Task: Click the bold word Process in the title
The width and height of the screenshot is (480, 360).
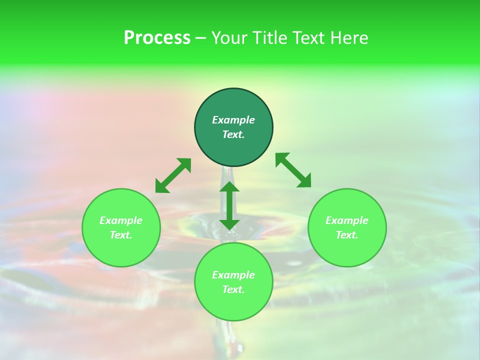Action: click(157, 38)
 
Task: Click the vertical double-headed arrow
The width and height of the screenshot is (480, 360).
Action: click(229, 205)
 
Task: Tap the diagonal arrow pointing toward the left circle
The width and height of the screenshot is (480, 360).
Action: click(173, 175)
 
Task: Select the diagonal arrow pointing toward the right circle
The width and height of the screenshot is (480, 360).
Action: click(293, 170)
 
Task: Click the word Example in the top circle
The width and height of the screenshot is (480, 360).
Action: click(233, 120)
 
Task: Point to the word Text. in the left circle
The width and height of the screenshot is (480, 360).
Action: click(121, 235)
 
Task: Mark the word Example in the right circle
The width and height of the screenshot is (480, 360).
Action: click(347, 220)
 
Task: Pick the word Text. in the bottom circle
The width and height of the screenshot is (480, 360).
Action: click(233, 289)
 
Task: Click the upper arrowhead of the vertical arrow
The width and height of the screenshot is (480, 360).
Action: click(229, 187)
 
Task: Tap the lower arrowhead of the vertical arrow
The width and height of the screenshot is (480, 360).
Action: click(229, 223)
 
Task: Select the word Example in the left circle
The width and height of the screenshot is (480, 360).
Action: click(121, 220)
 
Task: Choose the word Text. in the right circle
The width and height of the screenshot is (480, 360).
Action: click(347, 235)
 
